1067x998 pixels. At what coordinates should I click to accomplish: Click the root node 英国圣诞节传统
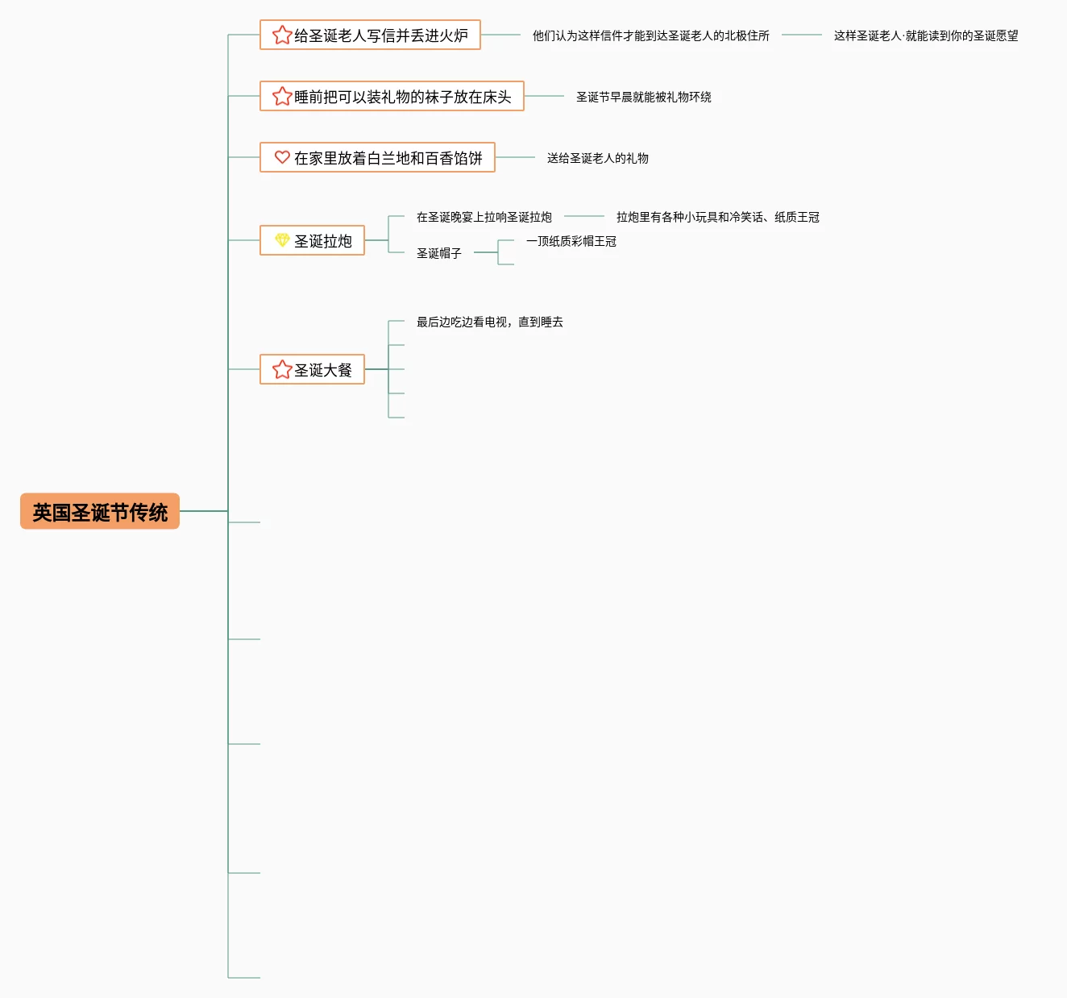click(100, 512)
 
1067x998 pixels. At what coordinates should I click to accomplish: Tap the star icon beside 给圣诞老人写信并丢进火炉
click(282, 35)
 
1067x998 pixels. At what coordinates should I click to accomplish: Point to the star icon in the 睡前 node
click(282, 96)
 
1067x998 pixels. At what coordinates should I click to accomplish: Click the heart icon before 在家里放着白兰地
click(282, 157)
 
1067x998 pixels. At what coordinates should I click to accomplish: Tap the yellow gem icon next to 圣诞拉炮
click(282, 240)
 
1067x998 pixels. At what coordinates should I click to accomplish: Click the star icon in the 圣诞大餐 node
click(282, 369)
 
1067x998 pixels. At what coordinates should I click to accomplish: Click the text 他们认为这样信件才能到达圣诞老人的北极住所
click(650, 35)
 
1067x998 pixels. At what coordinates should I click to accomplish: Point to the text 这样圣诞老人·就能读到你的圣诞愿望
click(925, 35)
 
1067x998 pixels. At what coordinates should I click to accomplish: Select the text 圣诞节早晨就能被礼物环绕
click(643, 97)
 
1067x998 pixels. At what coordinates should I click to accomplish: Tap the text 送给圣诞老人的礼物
click(597, 158)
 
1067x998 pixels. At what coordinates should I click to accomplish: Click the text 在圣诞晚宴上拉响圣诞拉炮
click(484, 217)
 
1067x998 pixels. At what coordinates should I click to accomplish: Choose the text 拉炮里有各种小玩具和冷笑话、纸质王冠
click(717, 217)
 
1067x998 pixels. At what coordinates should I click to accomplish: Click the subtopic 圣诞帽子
click(438, 253)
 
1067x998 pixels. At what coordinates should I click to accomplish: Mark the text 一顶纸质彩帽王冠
click(571, 241)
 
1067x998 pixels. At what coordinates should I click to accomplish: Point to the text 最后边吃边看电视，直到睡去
click(489, 322)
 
